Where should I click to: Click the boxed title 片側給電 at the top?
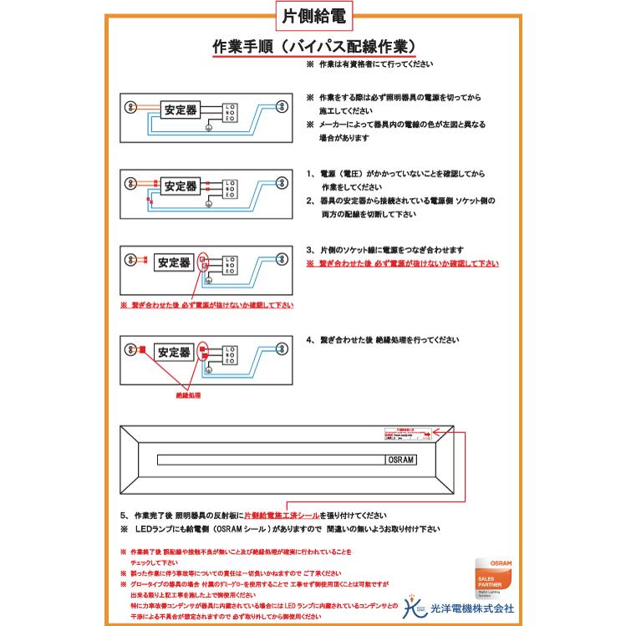pos(313,16)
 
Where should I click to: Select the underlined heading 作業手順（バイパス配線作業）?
pos(315,45)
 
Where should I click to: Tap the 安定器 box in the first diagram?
pos(181,109)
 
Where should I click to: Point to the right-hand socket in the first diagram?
pos(282,106)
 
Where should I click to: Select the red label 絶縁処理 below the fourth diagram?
pos(187,394)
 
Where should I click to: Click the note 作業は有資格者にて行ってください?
pos(372,64)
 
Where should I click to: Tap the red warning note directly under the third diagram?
pos(207,306)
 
